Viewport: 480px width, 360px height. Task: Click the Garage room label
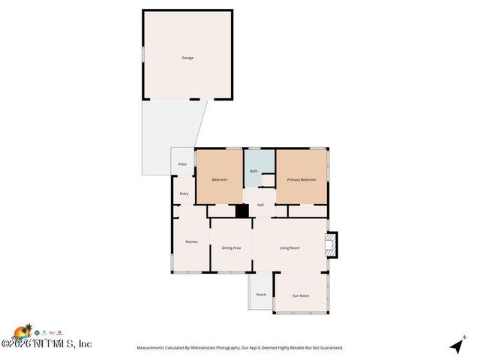coord(187,58)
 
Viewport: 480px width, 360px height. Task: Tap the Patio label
coord(182,164)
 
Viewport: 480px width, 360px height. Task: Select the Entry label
coord(184,194)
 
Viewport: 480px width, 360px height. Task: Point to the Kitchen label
coord(191,241)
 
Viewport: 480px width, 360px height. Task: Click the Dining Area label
coord(231,247)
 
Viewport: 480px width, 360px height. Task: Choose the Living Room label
coord(289,247)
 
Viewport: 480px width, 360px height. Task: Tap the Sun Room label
coord(300,295)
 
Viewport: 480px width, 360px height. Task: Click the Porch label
coord(261,295)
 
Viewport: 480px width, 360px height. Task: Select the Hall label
coord(260,205)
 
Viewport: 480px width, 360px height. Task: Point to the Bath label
coord(253,172)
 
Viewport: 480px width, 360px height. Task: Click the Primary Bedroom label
coord(301,180)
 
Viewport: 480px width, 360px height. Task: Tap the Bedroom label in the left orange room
coord(219,180)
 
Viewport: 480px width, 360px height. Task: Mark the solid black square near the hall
coord(242,211)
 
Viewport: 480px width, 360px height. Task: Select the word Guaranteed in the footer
coord(328,348)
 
